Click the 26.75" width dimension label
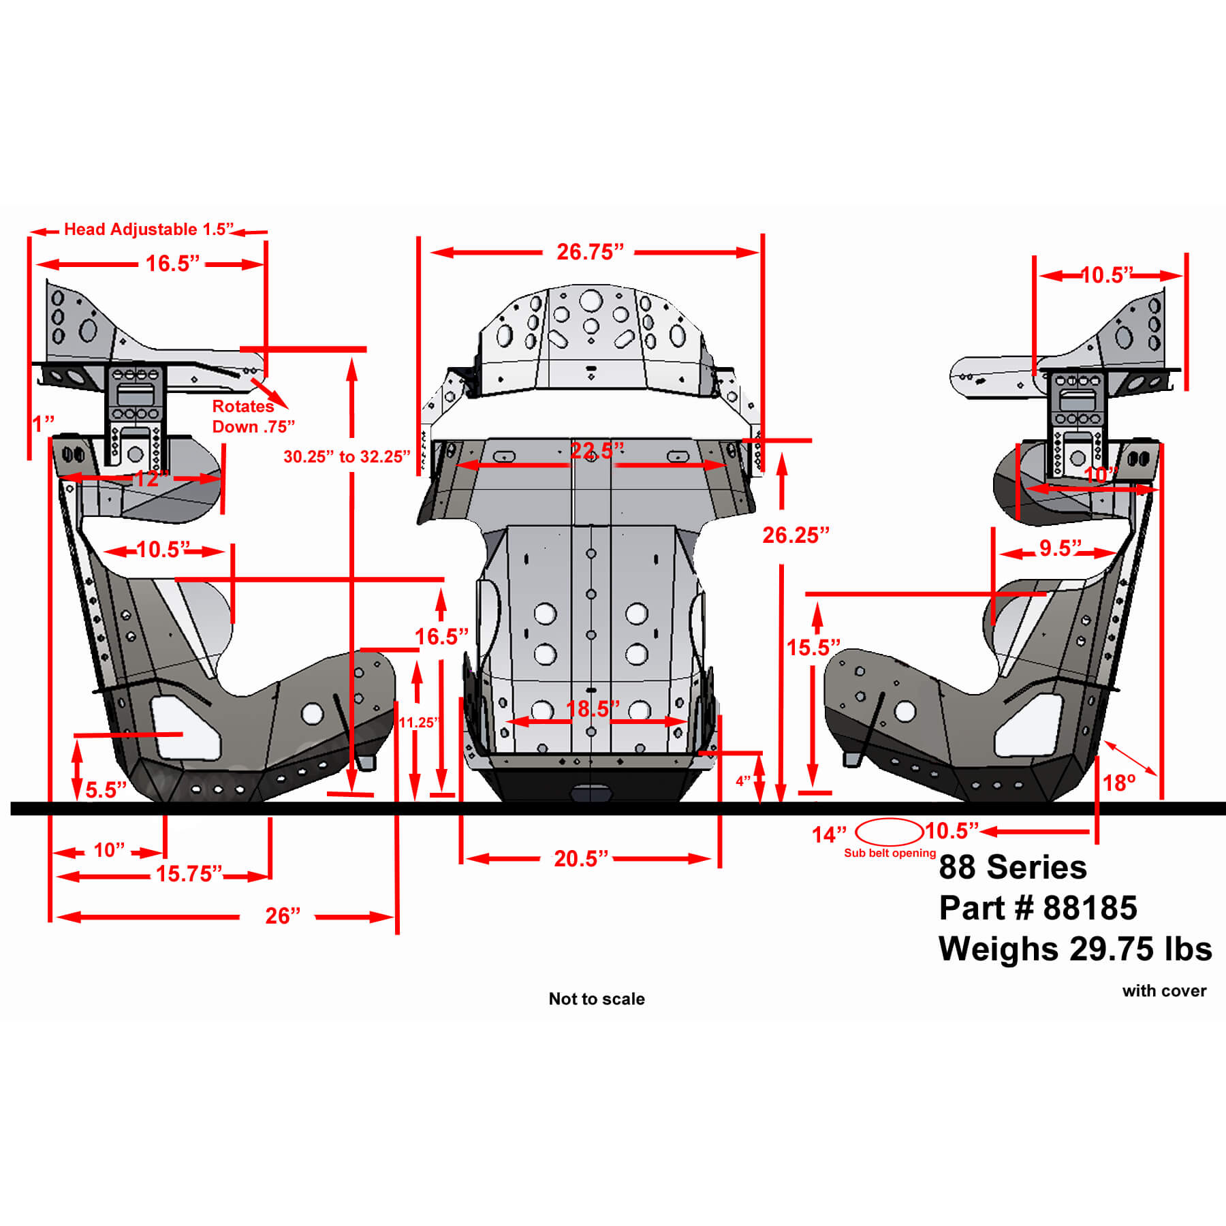click(x=590, y=252)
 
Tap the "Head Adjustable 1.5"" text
click(x=148, y=229)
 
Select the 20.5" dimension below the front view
click(x=580, y=858)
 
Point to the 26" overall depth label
click(x=283, y=915)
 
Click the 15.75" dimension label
click(x=189, y=873)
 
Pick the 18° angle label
click(x=1119, y=783)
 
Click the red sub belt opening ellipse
click(x=889, y=832)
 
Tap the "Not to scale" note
click(x=597, y=999)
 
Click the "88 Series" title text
click(x=1013, y=867)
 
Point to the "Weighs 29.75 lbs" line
click(x=1075, y=949)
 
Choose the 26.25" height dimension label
click(x=796, y=535)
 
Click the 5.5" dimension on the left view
click(x=106, y=790)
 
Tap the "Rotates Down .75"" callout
click(x=253, y=416)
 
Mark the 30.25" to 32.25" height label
click(x=347, y=456)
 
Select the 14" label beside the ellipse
click(x=829, y=834)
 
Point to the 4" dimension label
click(x=742, y=781)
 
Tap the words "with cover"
click(x=1164, y=991)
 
